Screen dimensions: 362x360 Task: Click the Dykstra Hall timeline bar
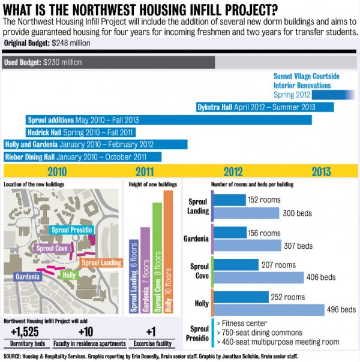pos(265,107)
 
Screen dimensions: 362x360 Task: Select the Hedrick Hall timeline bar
pos(80,132)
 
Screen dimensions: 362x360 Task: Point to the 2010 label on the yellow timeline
pos(53,171)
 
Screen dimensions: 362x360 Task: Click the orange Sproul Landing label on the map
pos(101,263)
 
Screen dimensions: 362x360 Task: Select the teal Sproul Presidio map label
pos(72,230)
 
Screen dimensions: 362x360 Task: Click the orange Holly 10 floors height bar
pos(168,252)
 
